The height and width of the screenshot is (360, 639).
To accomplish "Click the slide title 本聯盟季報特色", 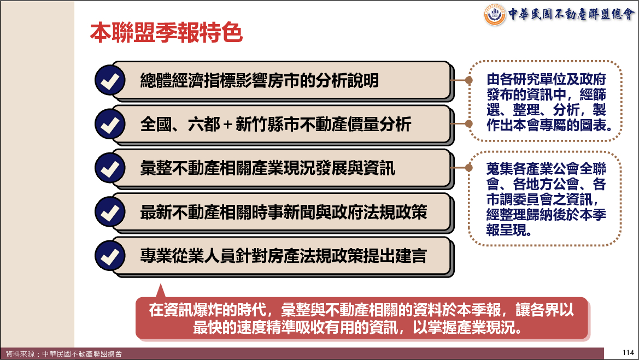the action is [x=166, y=33].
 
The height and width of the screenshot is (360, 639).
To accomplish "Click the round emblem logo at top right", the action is [x=495, y=15].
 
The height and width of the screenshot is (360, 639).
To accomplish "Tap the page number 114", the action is [x=628, y=353].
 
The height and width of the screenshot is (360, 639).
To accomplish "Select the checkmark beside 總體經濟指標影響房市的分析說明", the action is [x=110, y=80].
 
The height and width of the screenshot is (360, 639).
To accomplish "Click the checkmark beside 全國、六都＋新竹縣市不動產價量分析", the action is [x=110, y=124].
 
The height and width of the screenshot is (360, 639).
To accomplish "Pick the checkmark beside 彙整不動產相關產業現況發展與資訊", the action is [x=110, y=168].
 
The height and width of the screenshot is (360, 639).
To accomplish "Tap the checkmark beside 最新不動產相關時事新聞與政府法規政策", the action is [x=110, y=212].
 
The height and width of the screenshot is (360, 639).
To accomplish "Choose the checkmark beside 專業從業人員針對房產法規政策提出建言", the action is [x=110, y=256].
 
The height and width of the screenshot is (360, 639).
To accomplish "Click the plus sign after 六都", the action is [x=228, y=125].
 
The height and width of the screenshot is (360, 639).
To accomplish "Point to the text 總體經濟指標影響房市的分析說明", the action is [x=260, y=80].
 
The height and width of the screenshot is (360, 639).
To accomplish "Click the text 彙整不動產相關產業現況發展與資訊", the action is [x=268, y=168].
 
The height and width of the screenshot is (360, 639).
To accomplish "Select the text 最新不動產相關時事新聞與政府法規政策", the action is [x=284, y=212].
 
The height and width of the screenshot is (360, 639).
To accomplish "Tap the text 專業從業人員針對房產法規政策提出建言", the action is [x=284, y=256].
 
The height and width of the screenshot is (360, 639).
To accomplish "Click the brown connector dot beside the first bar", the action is [x=468, y=80].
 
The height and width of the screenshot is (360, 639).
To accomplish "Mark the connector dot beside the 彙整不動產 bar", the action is [x=468, y=167].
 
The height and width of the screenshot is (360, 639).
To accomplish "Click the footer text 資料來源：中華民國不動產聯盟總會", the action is [x=63, y=354].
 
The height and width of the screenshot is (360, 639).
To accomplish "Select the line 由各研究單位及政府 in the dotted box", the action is [x=546, y=79].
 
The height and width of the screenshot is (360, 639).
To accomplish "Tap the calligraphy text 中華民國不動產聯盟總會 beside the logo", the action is [x=571, y=14].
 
